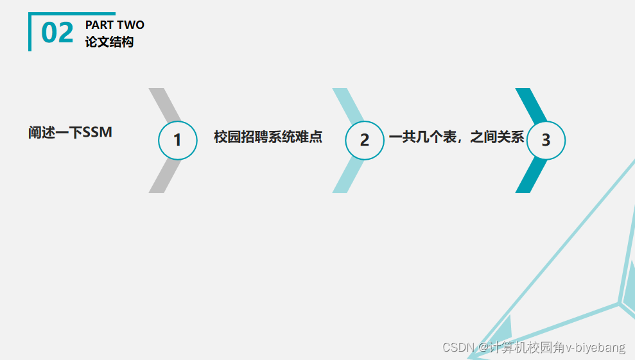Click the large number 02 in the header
click(x=57, y=33)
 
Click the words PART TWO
click(x=114, y=25)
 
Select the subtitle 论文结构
click(x=109, y=42)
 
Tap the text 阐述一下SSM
click(x=70, y=133)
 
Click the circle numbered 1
click(x=177, y=140)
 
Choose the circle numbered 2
click(x=364, y=140)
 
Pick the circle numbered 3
click(x=546, y=140)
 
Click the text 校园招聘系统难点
click(x=268, y=137)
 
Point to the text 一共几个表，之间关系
click(x=457, y=137)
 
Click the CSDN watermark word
click(x=458, y=347)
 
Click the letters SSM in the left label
click(x=98, y=133)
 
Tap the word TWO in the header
click(x=130, y=25)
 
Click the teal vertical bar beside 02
click(x=30, y=32)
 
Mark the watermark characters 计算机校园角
click(x=527, y=347)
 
